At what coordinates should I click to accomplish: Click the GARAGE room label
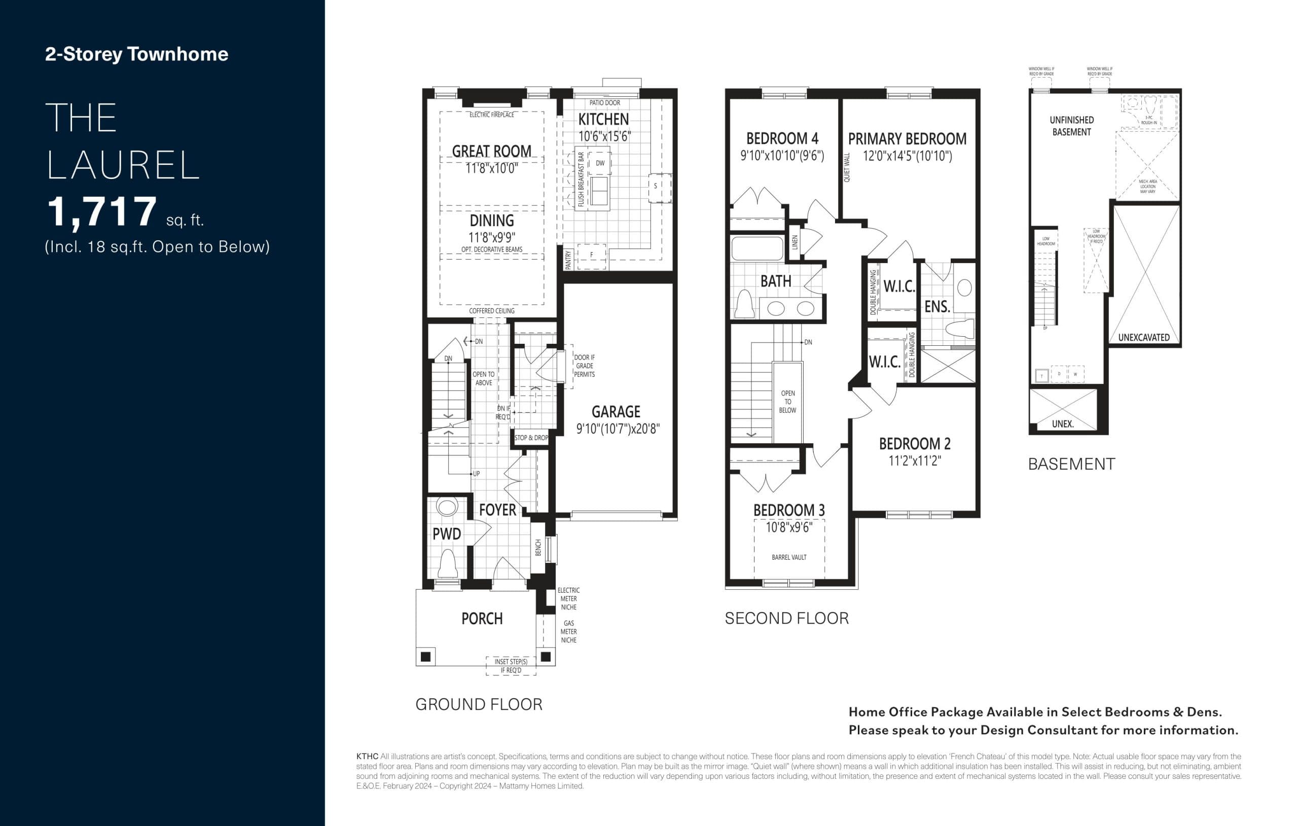point(616,412)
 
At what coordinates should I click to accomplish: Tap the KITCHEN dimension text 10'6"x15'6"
point(604,136)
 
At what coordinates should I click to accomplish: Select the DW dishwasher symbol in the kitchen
point(600,163)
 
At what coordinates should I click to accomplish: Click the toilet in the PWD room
point(447,564)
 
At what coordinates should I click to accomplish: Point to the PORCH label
point(482,619)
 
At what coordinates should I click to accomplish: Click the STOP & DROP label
point(531,438)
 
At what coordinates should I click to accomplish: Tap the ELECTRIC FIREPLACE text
point(492,115)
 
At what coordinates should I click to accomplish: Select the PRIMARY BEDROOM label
point(907,139)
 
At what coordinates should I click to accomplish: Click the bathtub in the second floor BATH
point(758,248)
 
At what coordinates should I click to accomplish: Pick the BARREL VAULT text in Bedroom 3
point(788,557)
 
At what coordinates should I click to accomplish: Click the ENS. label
point(937,307)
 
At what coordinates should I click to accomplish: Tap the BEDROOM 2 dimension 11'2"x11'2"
point(915,461)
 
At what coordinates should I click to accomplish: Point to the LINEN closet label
point(795,242)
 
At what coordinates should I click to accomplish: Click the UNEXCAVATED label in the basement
point(1143,338)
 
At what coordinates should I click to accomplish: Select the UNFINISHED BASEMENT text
point(1071,126)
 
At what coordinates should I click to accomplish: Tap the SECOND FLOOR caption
point(786,619)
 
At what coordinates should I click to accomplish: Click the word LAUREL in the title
point(123,165)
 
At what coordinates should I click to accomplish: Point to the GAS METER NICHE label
point(569,631)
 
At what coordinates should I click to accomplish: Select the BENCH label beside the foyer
point(538,547)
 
